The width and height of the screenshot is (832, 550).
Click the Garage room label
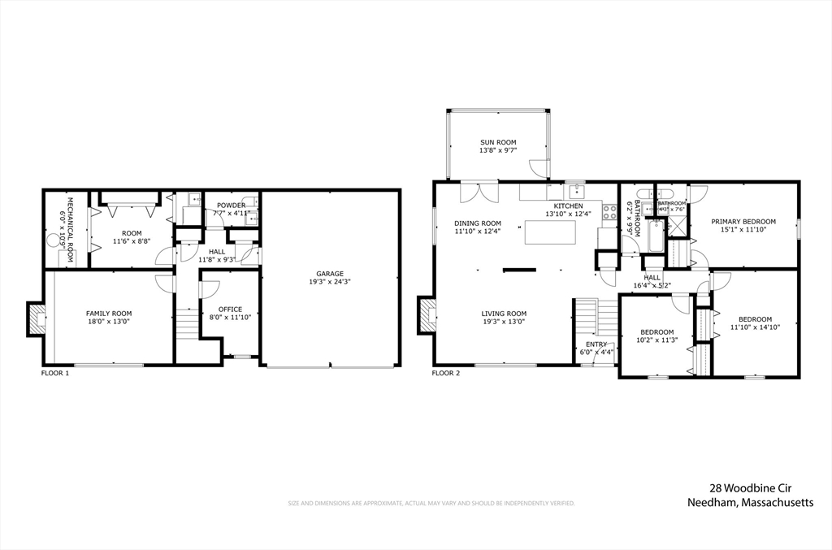330,273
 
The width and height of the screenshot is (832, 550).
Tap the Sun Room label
497,142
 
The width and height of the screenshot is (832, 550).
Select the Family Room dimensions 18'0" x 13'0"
109,322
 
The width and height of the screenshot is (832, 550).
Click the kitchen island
552,232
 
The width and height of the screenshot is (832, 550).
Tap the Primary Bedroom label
743,221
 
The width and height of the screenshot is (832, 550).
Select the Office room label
231,308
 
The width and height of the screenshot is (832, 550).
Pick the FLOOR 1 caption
55,374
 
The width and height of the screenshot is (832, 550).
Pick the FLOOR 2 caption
445,374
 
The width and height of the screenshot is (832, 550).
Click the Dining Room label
478,223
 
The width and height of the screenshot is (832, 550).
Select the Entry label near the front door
596,344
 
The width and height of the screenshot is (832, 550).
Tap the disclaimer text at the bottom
431,504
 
